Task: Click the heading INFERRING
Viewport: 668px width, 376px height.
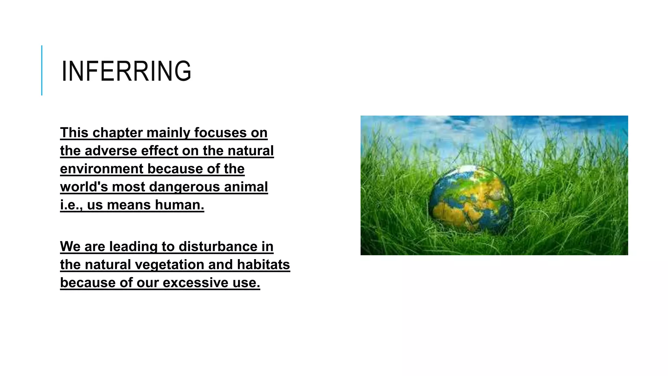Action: point(126,71)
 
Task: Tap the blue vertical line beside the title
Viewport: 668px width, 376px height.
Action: point(42,70)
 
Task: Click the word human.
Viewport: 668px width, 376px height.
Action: point(179,205)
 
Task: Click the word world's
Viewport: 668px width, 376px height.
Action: point(84,187)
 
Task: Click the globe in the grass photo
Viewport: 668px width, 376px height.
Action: point(471,199)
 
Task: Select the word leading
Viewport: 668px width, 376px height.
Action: point(133,246)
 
